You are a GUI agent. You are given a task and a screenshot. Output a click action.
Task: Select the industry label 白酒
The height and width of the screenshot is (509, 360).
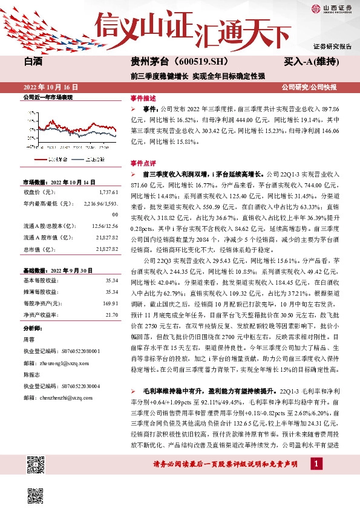[34, 61]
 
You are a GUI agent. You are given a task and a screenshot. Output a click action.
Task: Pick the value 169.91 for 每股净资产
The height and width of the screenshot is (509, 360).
[110, 302]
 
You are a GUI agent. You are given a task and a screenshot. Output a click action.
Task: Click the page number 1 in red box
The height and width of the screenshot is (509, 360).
[315, 464]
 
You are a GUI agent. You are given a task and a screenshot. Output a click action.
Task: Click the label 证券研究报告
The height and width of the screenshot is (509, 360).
[332, 47]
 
